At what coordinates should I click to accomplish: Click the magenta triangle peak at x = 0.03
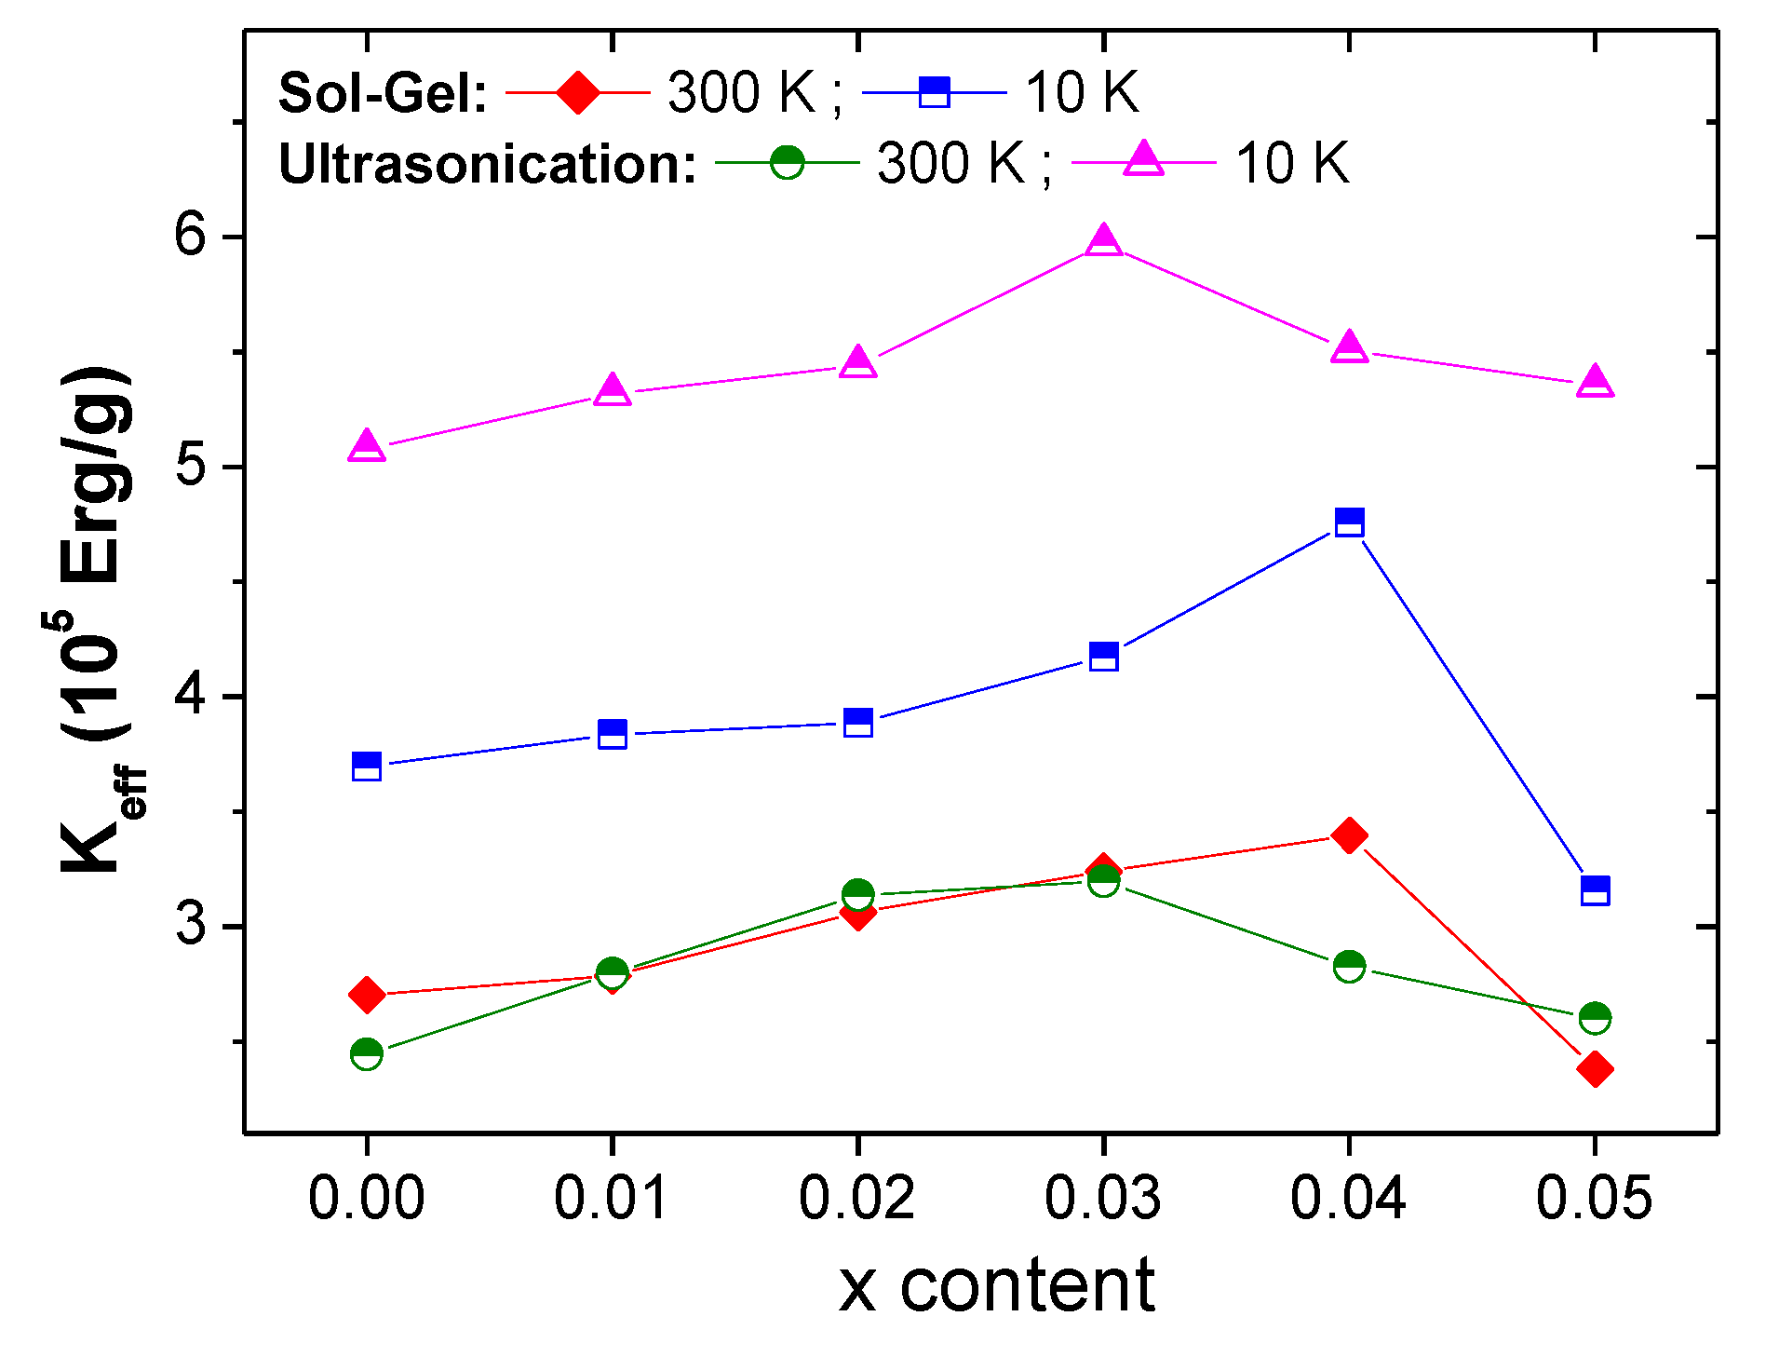click(x=1103, y=241)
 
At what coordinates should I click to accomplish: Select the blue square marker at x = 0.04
click(x=1349, y=522)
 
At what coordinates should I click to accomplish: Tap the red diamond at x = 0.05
click(x=1595, y=1067)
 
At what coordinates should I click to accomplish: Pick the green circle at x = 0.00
click(x=367, y=1054)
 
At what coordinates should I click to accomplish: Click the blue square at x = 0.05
click(x=1595, y=890)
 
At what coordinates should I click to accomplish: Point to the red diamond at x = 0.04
click(x=1349, y=835)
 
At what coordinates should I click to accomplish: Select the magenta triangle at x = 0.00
click(x=367, y=447)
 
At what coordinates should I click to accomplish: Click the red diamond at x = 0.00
click(x=367, y=995)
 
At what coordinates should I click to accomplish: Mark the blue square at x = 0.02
click(x=858, y=723)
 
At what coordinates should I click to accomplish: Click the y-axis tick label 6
click(x=191, y=235)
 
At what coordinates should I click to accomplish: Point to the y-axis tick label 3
click(x=191, y=925)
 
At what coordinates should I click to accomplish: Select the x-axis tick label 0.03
click(x=1103, y=1198)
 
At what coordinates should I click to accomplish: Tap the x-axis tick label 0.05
click(x=1595, y=1198)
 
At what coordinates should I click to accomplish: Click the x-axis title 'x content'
click(x=996, y=1285)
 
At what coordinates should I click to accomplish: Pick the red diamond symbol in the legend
click(x=577, y=92)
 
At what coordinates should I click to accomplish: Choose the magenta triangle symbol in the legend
click(x=1143, y=160)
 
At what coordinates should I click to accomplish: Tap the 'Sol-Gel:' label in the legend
click(x=383, y=94)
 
